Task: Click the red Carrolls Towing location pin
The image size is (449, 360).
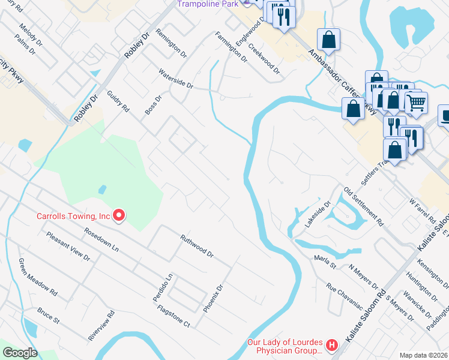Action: tap(119, 215)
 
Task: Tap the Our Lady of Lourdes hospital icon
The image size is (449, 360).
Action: tap(331, 345)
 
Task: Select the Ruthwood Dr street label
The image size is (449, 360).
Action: tap(197, 246)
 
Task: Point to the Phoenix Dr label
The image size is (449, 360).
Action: tap(212, 299)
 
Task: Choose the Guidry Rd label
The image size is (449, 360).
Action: tap(118, 101)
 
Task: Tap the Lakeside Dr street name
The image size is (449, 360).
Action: tap(318, 214)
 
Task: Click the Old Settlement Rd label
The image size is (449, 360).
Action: tap(364, 206)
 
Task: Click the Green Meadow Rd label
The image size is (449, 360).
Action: tap(37, 277)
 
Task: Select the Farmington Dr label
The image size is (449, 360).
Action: tap(231, 47)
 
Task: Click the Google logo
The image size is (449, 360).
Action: tap(20, 353)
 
